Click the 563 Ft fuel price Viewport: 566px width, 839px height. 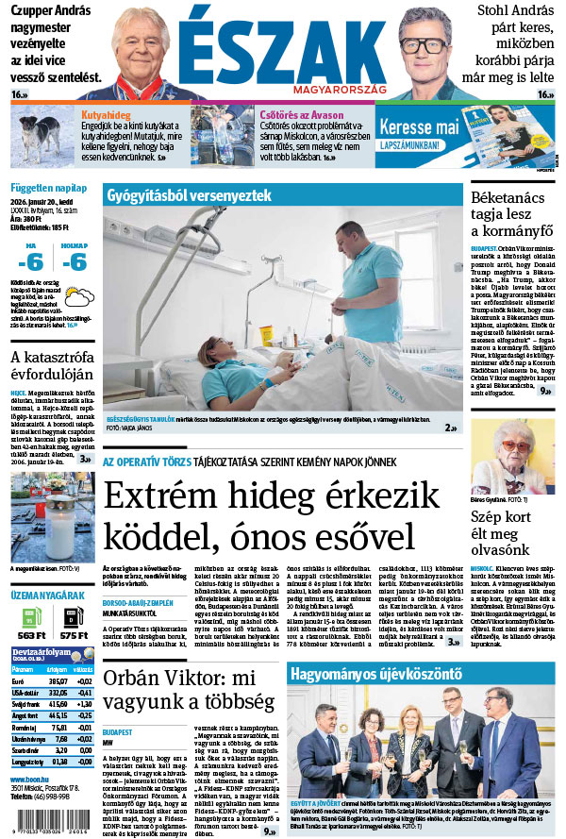[30, 635]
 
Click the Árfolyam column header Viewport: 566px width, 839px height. [58, 667]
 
